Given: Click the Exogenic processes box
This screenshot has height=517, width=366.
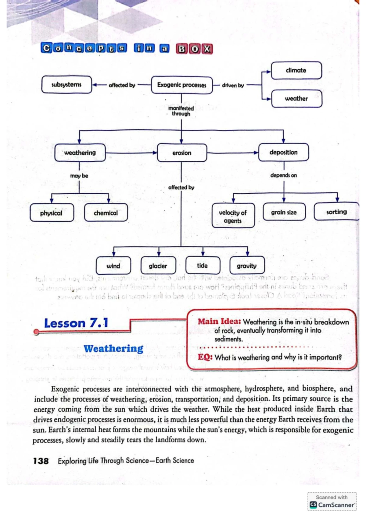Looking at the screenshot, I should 182,85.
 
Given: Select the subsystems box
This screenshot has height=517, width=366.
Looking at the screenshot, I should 66,84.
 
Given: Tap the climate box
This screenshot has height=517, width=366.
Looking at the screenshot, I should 296,70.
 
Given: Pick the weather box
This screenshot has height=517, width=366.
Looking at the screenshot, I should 296,99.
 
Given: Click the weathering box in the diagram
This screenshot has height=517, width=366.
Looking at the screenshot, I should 80,153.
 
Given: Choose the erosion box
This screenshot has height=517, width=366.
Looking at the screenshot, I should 182,153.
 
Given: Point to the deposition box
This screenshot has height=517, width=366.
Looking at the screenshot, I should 283,152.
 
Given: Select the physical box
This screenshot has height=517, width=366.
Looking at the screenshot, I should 52,213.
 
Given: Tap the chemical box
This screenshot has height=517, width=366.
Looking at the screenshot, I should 106,213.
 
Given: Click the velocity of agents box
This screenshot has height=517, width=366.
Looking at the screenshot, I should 233,216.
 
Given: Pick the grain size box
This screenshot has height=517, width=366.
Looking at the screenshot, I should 284,212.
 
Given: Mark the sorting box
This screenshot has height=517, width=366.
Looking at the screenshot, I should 336,212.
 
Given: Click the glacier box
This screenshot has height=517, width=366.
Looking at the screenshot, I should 158,266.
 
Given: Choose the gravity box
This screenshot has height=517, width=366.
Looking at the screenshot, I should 247,266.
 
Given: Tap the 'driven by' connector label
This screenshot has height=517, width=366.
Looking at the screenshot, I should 233,85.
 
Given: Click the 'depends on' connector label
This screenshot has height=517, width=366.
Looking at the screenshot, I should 283,175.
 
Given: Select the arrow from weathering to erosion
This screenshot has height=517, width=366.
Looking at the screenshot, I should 131,153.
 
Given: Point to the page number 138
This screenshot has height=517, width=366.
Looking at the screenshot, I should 41,461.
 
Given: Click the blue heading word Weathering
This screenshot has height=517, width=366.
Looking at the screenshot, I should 113,348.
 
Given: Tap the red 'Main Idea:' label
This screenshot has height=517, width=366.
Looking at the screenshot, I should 219,322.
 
